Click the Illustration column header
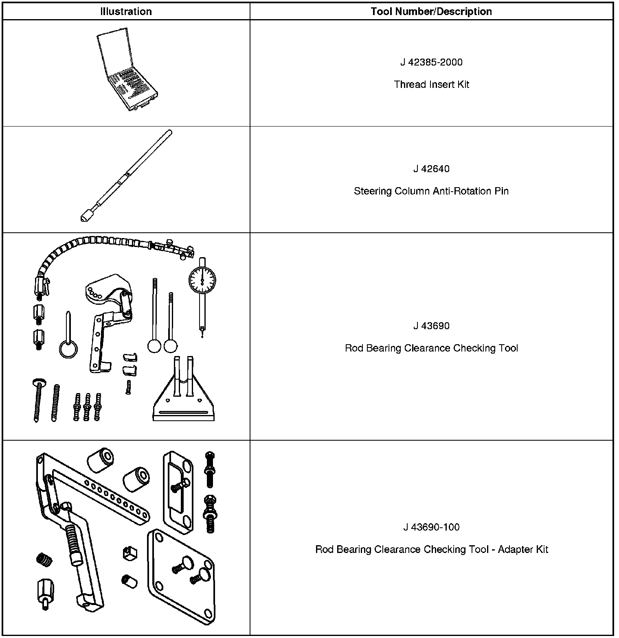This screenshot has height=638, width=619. pyautogui.click(x=126, y=11)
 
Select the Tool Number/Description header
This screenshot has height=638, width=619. pyautogui.click(x=431, y=11)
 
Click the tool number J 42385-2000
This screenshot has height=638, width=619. pyautogui.click(x=431, y=62)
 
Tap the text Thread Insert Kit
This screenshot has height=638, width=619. pyautogui.click(x=431, y=85)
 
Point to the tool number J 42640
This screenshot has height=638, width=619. pyautogui.click(x=431, y=169)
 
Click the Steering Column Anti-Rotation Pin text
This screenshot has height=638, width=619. pyautogui.click(x=431, y=191)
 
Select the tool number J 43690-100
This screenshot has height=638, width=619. pyautogui.click(x=431, y=527)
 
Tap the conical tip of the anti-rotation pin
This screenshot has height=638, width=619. pyautogui.click(x=84, y=218)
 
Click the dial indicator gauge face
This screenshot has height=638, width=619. pyautogui.click(x=202, y=280)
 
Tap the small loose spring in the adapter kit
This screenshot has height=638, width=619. pyautogui.click(x=44, y=559)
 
